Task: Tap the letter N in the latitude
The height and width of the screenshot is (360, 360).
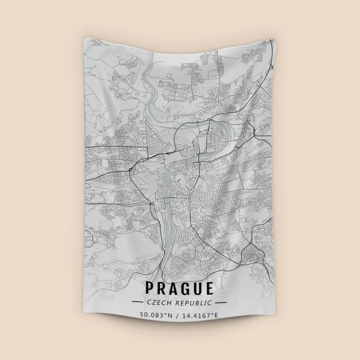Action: (170, 315)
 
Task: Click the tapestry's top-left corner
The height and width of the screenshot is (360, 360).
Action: (85, 40)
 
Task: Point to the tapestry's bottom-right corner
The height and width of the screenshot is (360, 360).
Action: (274, 318)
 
